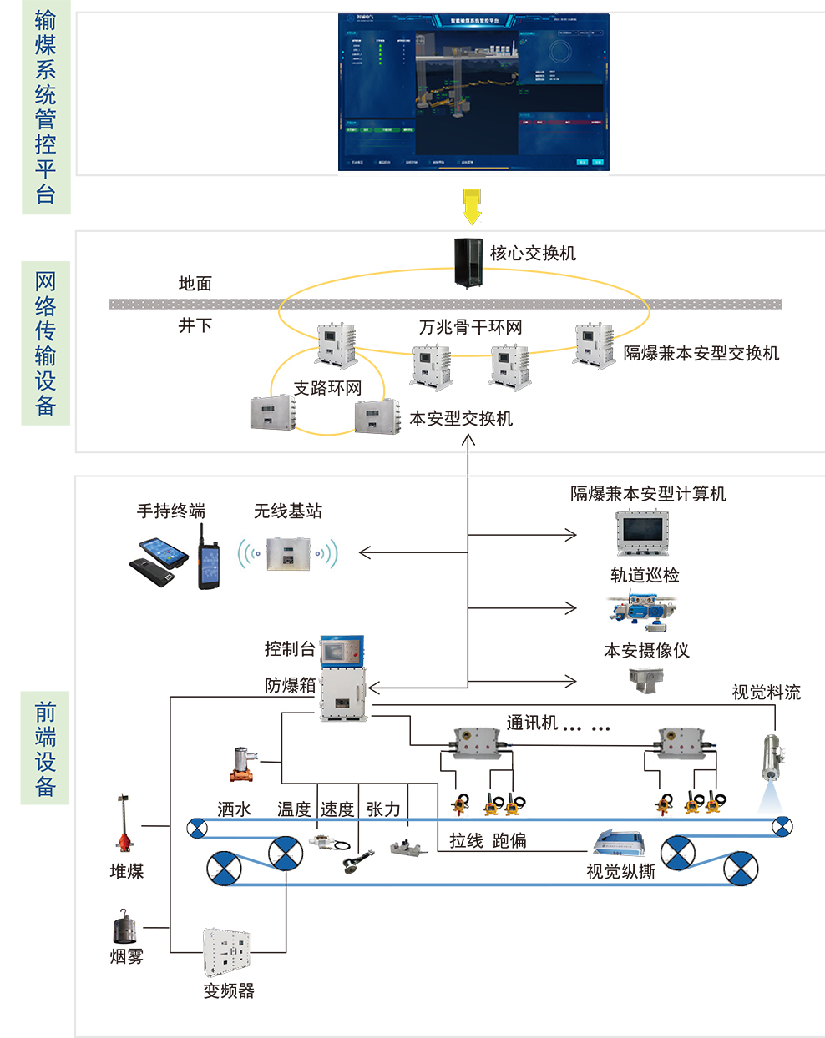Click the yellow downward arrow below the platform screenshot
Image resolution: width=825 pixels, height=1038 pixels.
click(472, 206)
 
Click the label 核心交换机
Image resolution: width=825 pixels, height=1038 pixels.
click(533, 253)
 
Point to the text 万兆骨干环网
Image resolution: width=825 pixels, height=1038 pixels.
click(470, 327)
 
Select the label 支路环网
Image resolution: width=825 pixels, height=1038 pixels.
click(327, 388)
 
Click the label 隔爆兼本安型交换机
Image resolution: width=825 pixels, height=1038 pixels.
click(701, 353)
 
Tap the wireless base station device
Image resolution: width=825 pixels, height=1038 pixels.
click(288, 552)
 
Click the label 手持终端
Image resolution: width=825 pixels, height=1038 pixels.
click(171, 511)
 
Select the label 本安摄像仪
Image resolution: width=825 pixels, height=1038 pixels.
click(646, 651)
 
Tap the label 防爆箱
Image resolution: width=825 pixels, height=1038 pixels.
click(290, 685)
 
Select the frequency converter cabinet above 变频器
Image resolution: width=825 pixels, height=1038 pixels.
click(227, 951)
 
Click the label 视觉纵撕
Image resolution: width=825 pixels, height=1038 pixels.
click(620, 872)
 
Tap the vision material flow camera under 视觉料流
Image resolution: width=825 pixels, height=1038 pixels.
click(772, 758)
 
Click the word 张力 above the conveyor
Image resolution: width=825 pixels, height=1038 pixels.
click(383, 809)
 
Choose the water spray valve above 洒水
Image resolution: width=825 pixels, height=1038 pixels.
click(244, 763)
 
